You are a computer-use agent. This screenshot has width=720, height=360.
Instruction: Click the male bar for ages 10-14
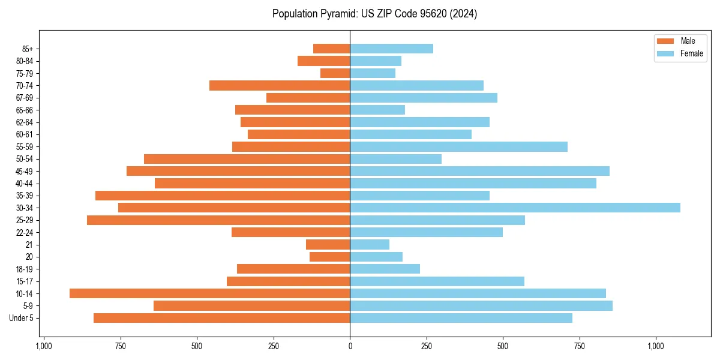209,293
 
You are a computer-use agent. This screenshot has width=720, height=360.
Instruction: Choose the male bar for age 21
328,244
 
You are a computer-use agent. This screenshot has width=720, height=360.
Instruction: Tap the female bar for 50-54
395,159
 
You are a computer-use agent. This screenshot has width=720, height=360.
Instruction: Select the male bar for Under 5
221,318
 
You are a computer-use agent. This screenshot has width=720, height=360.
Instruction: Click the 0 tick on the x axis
350,346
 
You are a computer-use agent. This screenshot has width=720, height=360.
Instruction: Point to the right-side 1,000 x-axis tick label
655,346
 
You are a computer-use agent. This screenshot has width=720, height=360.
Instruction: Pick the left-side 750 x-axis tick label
120,346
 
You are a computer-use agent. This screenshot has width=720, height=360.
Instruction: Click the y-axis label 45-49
25,171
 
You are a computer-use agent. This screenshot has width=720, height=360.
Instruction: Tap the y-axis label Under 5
22,318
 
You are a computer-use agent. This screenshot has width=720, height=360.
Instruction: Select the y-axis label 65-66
25,110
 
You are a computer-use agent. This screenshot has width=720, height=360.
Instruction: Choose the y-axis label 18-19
25,269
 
